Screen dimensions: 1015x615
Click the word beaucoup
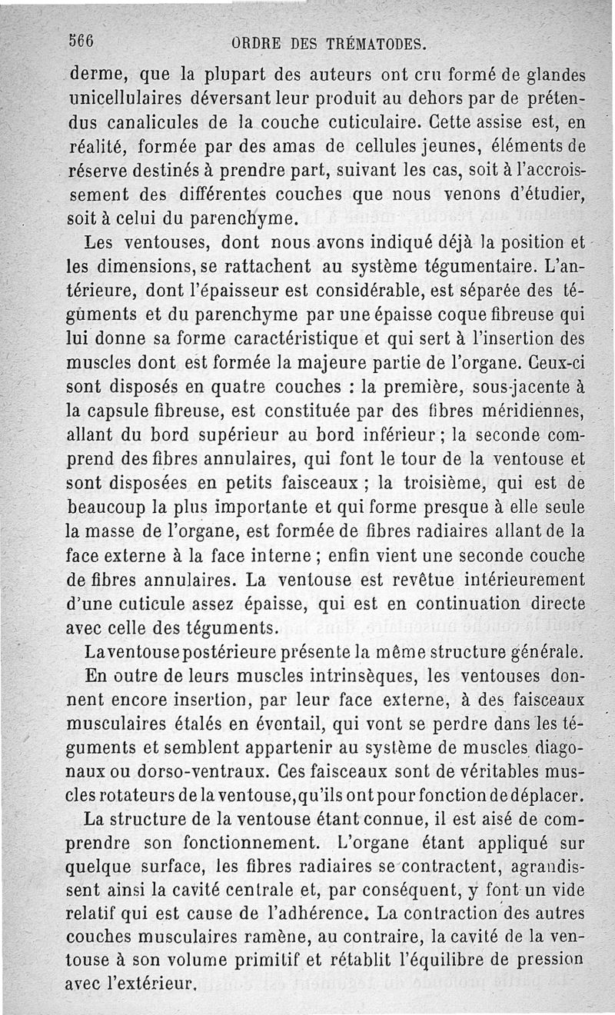coord(109,508)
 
